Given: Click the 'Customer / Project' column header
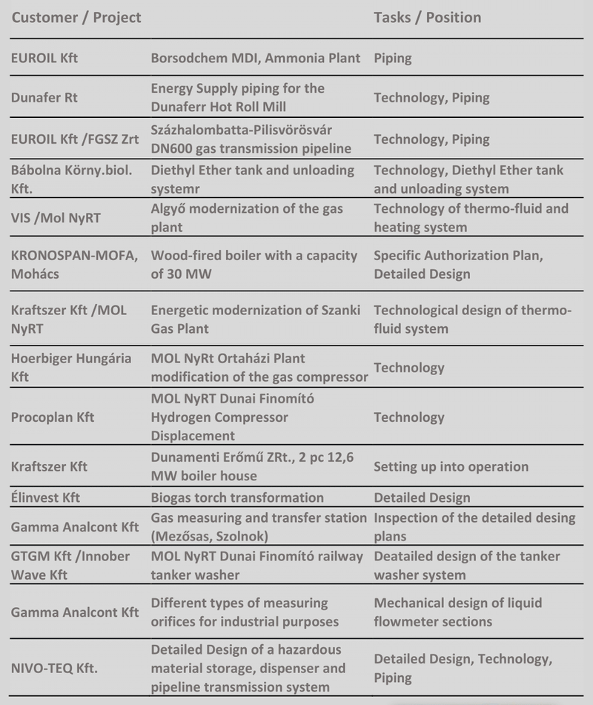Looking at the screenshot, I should (76, 17).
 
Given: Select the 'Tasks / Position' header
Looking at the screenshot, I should (427, 17).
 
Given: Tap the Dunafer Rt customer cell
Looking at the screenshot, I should (44, 97).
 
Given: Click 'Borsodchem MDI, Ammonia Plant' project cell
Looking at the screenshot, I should (256, 58).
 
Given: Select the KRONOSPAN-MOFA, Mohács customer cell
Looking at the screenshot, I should (73, 265).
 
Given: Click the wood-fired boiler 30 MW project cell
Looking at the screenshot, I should (254, 265).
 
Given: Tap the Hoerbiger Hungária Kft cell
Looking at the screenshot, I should (71, 368).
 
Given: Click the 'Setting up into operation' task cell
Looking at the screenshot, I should (451, 466).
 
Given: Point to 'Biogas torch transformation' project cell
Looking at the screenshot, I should (237, 497).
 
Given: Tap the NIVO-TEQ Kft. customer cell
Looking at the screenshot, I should (55, 668).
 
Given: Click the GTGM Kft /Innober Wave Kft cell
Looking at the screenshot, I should (70, 565).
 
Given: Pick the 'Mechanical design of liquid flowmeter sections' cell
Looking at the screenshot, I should (448, 612).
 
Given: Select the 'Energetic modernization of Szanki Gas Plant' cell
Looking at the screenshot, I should (249, 320).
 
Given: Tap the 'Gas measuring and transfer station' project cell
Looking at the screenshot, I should (259, 526).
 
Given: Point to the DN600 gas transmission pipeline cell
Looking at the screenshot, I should (251, 139).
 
